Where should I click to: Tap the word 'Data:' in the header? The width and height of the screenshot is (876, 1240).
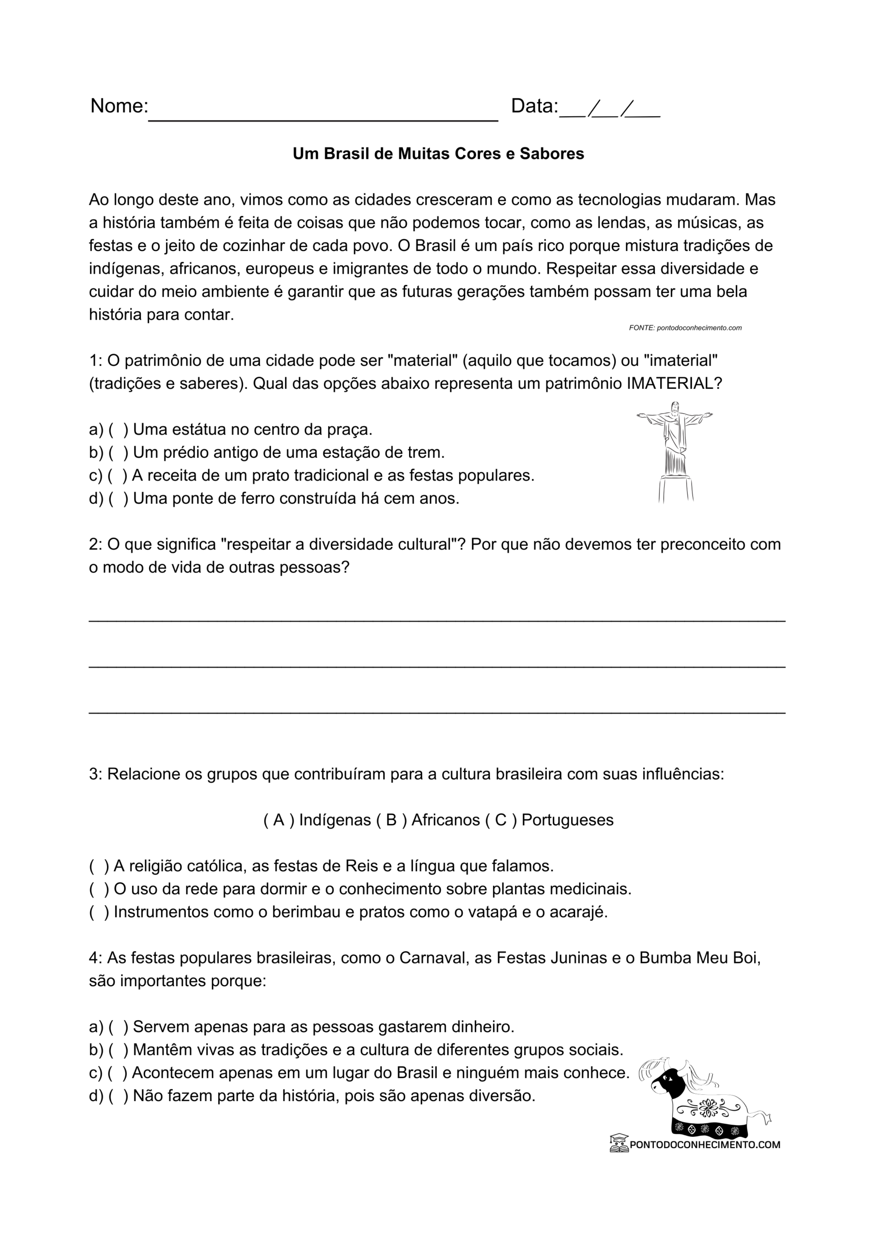tap(534, 107)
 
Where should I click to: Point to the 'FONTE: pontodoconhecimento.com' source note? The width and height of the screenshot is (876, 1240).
tap(685, 328)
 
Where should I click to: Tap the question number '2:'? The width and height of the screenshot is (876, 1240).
tap(95, 544)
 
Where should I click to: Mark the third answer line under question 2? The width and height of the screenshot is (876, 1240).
tap(437, 713)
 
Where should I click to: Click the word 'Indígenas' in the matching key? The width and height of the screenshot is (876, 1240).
tap(334, 821)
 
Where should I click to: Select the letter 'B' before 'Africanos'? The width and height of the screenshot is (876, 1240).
tap(392, 821)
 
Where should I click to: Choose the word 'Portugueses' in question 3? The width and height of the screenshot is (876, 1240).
tap(567, 821)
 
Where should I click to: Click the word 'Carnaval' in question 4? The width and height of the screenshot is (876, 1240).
tap(432, 958)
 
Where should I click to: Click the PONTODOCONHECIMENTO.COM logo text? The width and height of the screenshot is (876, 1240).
tap(704, 1145)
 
